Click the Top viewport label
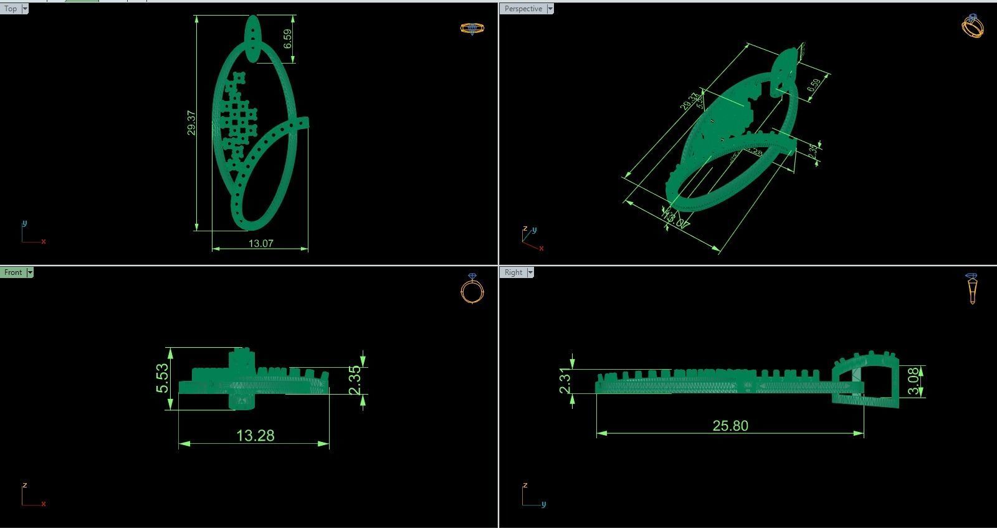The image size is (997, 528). [10, 9]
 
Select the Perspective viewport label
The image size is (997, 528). [523, 9]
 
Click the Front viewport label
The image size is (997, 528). [12, 272]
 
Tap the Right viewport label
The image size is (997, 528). [513, 272]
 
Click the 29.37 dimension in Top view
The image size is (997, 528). [191, 123]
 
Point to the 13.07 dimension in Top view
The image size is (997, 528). [260, 243]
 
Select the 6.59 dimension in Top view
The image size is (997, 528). [287, 39]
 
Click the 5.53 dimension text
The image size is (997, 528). [162, 378]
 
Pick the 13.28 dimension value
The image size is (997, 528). [255, 435]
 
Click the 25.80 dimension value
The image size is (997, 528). [730, 426]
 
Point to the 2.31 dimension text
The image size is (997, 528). [565, 381]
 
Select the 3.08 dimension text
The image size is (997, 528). [914, 381]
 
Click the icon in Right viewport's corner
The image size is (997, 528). [972, 289]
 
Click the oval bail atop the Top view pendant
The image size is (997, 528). [252, 39]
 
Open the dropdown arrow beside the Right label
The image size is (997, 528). [530, 272]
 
